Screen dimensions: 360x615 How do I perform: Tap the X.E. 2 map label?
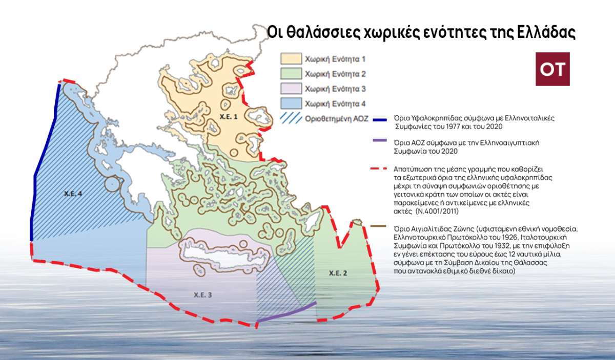pos(338,273)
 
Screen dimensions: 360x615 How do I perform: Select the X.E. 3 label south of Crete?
pos(203,294)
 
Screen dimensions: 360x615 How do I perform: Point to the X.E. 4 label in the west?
pos(73,194)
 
